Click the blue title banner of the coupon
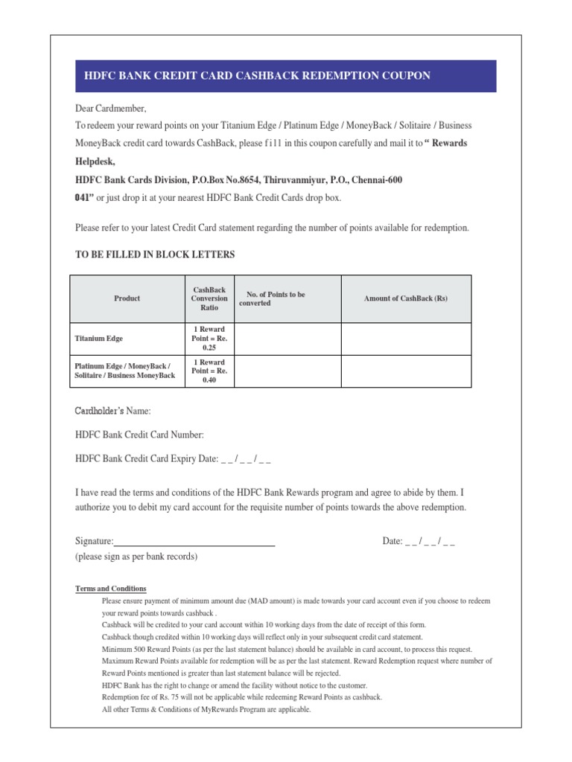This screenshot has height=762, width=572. [x=286, y=76]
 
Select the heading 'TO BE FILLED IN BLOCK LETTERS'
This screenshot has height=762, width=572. [x=155, y=254]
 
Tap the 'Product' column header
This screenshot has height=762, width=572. [x=127, y=298]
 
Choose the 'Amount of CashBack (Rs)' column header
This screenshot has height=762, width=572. [x=406, y=298]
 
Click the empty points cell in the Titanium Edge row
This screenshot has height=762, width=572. [x=287, y=338]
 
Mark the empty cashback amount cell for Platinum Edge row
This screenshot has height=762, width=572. [x=406, y=371]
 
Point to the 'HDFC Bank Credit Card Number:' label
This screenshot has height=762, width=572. [x=139, y=435]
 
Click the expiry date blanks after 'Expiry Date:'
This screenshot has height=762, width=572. [x=246, y=458]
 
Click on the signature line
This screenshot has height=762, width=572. [x=194, y=543]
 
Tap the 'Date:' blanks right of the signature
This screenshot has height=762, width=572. [x=430, y=541]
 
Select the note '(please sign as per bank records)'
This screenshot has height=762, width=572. [x=136, y=556]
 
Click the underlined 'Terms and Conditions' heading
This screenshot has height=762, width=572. [x=111, y=589]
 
